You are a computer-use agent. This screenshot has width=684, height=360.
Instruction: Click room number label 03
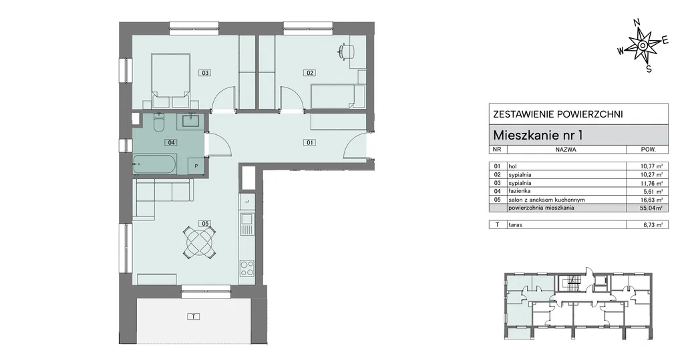pos(205,73)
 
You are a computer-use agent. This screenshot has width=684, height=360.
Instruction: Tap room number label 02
pos(310,73)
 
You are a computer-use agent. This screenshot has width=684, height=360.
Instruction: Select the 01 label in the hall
pos(310,142)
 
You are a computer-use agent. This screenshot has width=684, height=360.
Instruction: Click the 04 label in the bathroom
pos(171,142)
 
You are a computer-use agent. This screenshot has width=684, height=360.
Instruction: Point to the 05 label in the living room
pos(205,224)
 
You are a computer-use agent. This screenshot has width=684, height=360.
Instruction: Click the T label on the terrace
pos(193,317)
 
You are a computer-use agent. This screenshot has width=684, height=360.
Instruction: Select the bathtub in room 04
pos(155,164)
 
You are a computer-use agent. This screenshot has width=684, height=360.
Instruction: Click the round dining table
pos(199,242)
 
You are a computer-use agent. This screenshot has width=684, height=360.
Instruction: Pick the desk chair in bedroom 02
pos(347,51)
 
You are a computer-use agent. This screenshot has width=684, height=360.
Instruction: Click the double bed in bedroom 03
pos(170,81)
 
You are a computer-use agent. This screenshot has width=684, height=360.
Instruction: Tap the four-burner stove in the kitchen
pos(247,267)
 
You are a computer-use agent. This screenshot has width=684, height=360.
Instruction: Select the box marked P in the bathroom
pos(196,166)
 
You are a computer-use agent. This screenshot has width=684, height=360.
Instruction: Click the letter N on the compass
pos(637,23)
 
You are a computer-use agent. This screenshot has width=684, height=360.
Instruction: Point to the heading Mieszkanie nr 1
pos(538,136)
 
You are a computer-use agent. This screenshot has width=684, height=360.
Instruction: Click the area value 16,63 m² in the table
pos(647,200)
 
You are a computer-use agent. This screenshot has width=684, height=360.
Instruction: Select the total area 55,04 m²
pos(647,208)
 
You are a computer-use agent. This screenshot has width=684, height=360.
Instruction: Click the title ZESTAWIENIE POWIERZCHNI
pos(558,114)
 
